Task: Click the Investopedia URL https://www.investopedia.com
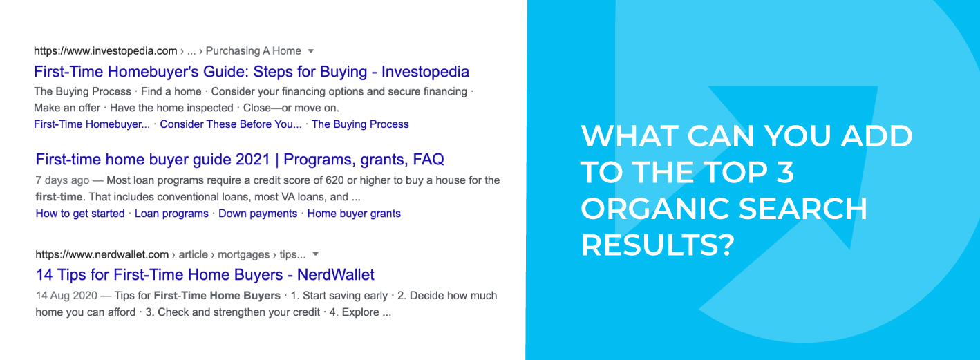pos(106,51)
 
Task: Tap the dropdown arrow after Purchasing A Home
pos(310,51)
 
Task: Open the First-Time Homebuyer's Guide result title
pos(252,72)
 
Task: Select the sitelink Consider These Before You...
pos(231,124)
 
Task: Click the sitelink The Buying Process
pos(360,124)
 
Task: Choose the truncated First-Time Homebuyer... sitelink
pos(92,124)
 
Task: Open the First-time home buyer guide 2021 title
pos(240,160)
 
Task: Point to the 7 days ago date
pos(62,180)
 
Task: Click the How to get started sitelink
pos(80,214)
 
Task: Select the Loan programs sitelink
pos(171,214)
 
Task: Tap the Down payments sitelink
pos(258,214)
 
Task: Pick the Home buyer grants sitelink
pos(354,214)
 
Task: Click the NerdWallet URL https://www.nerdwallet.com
pos(102,254)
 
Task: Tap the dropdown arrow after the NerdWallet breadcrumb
pos(315,254)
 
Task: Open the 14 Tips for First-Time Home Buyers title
pos(205,275)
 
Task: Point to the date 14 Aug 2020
pos(66,296)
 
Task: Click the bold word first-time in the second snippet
pos(59,197)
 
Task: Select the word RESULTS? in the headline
pos(657,245)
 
